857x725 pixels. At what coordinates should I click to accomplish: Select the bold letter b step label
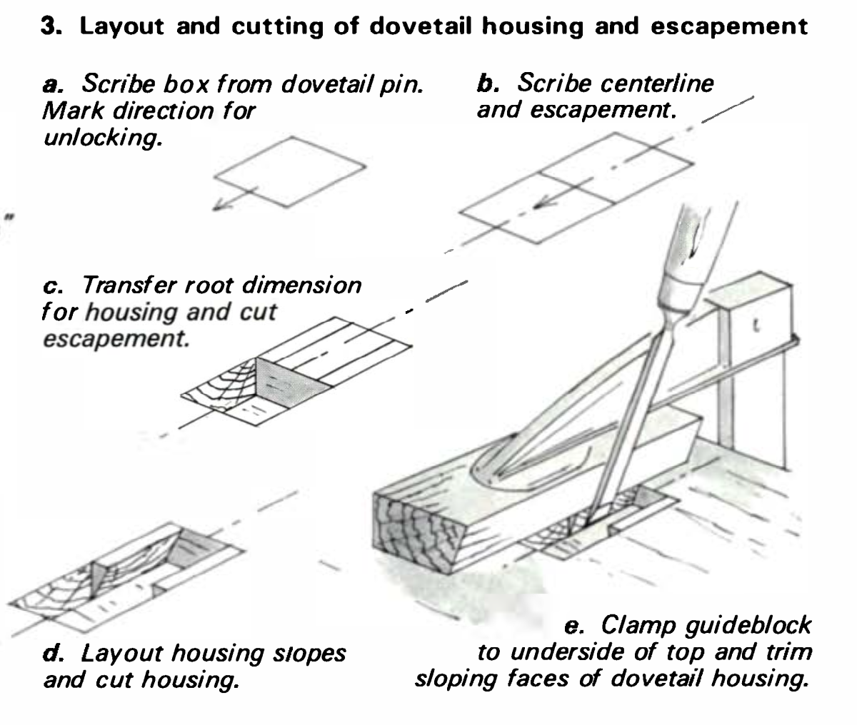[x=486, y=84]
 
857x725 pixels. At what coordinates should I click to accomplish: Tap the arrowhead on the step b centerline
[x=543, y=203]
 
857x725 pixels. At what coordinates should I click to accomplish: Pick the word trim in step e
[x=786, y=652]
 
